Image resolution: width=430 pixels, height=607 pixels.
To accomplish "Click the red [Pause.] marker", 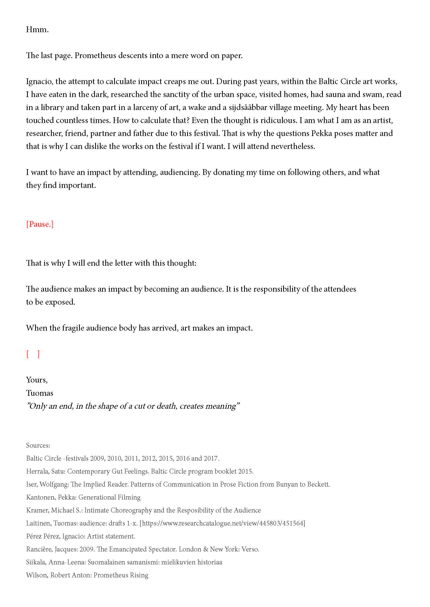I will pos(40,224).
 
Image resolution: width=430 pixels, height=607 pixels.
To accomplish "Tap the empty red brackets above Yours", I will pos(33,354).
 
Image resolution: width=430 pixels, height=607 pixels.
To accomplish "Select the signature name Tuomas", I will pos(40,393).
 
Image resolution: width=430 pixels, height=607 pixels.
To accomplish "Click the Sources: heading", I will pos(38,446).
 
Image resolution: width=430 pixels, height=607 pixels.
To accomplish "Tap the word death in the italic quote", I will pos(166,406).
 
